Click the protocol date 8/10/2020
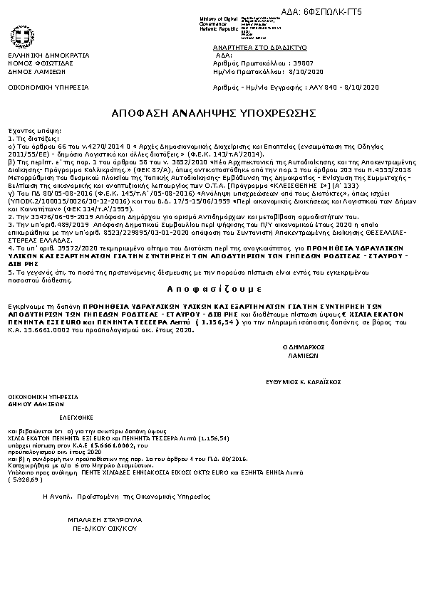tap(304, 72)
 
